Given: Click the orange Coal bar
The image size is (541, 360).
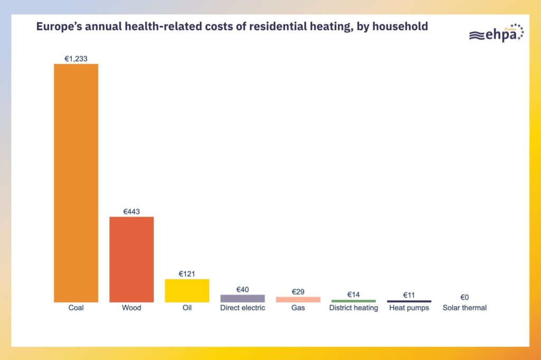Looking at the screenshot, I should [76, 183].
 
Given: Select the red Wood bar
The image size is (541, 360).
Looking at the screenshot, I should [132, 259].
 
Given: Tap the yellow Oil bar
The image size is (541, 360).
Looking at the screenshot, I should [187, 290].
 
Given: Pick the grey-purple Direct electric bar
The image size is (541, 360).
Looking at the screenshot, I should [242, 298].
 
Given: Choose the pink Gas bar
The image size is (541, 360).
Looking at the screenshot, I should [298, 299].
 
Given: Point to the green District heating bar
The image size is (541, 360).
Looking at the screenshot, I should [353, 301].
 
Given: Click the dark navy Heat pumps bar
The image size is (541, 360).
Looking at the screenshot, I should [409, 301].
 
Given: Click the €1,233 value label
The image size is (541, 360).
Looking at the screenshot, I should [76, 59].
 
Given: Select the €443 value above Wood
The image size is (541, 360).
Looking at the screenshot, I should [132, 212].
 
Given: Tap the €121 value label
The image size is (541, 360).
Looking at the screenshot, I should [187, 274].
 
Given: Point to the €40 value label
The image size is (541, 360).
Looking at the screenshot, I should [242, 289].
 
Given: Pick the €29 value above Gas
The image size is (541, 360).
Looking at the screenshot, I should [298, 292].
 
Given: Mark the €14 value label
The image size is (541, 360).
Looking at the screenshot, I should [353, 294].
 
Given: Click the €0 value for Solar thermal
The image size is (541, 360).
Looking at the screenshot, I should [464, 297].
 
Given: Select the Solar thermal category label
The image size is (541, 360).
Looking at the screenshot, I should [464, 308].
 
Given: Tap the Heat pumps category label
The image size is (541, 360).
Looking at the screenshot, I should [409, 308].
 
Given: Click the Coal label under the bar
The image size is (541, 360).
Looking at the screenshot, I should [76, 308].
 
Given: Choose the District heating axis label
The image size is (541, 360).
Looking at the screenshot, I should [353, 308].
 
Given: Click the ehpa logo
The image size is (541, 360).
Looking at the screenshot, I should [496, 33].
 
